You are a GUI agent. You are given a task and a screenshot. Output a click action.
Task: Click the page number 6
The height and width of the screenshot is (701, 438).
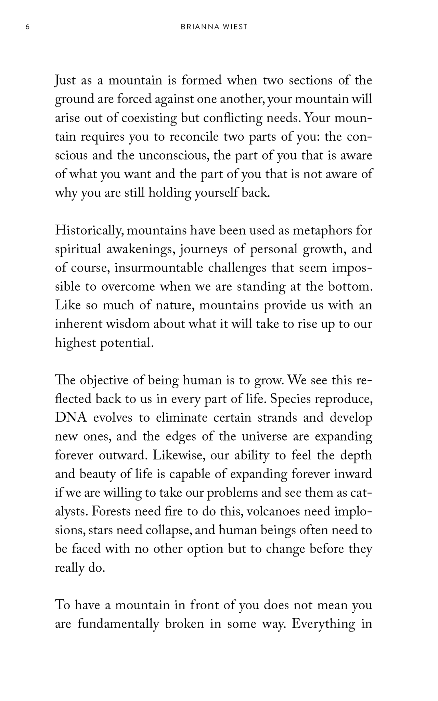pyautogui.click(x=27, y=27)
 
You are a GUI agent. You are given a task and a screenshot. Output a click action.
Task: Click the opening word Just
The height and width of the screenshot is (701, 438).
pyautogui.click(x=65, y=81)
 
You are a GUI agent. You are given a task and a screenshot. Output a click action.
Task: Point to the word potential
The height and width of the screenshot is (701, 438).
pyautogui.click(x=127, y=343)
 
